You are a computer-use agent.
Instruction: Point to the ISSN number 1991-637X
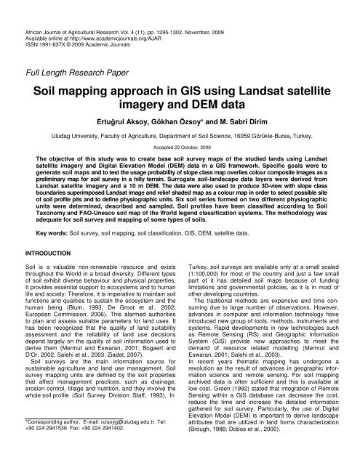(59, 30)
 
